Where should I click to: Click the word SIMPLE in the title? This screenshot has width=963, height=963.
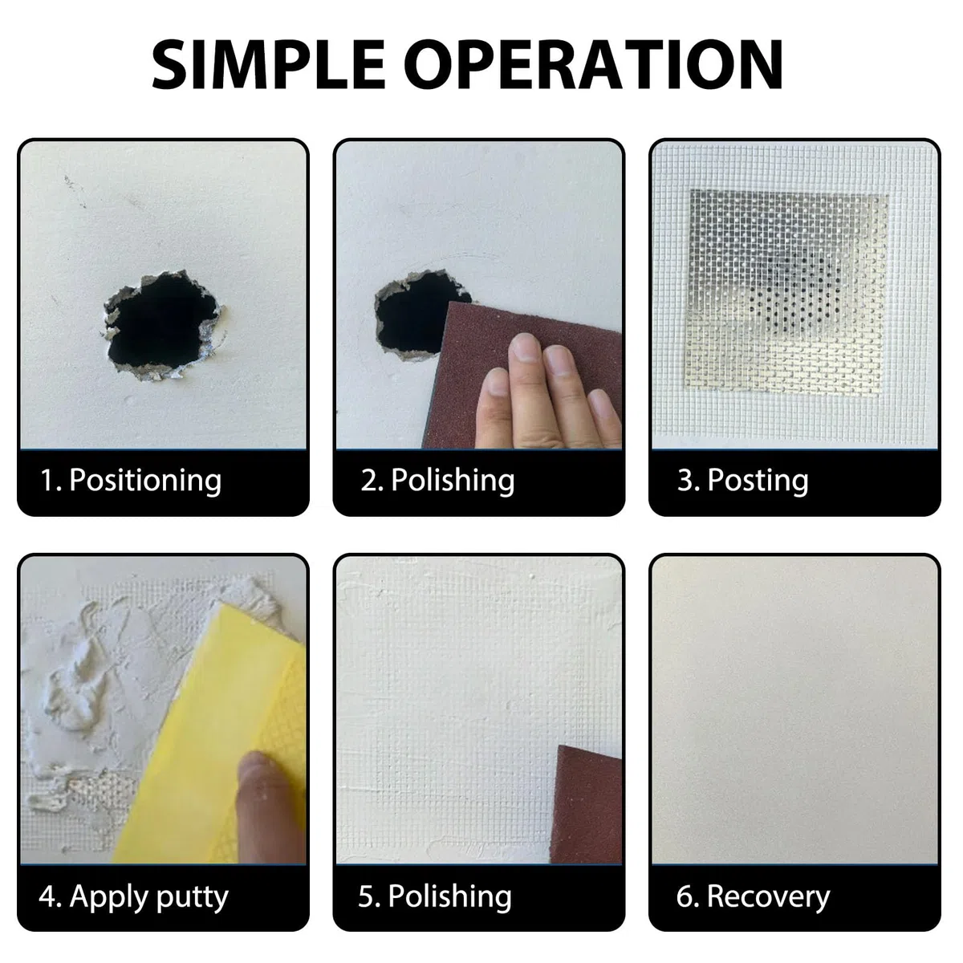[x=268, y=64]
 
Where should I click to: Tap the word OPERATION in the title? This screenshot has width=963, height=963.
[x=593, y=64]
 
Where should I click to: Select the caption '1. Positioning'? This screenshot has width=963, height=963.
[x=131, y=480]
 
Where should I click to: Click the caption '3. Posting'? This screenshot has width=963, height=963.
[x=742, y=480]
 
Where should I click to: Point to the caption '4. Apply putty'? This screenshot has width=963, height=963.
[x=133, y=896]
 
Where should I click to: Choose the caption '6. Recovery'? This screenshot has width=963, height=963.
[x=753, y=896]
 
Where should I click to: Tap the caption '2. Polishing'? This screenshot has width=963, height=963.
[x=437, y=480]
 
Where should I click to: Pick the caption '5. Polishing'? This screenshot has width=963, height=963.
[x=435, y=896]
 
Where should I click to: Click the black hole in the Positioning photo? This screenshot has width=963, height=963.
[x=161, y=323]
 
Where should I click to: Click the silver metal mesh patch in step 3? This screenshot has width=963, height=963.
[x=786, y=291]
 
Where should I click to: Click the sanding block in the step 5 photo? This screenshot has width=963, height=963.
[x=586, y=805]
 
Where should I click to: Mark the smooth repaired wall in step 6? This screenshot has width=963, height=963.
[x=794, y=710]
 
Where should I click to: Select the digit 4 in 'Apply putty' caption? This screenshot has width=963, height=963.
[x=47, y=896]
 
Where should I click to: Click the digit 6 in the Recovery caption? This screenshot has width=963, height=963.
[x=685, y=896]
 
